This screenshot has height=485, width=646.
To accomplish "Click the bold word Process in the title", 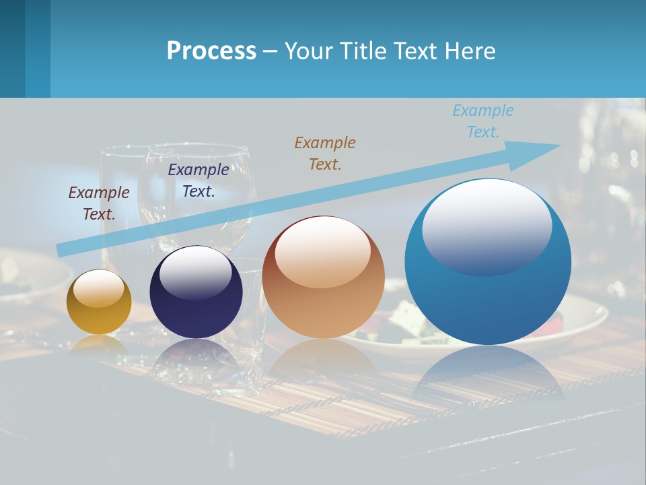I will tap(211, 51).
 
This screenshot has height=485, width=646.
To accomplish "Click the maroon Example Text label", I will tap(99, 203).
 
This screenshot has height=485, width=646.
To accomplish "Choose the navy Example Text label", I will tap(198, 181).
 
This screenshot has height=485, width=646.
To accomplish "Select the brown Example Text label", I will tap(325, 153).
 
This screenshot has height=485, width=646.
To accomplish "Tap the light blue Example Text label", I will tap(482, 121).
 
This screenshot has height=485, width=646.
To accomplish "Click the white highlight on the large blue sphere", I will tap(487, 226).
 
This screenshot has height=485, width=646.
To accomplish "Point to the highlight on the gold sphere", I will tap(99, 288).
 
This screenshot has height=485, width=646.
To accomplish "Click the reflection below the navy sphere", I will tap(196, 357).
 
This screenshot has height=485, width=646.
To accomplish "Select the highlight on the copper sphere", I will tap(323, 251).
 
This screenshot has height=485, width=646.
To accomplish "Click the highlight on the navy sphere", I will tap(196, 271).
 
